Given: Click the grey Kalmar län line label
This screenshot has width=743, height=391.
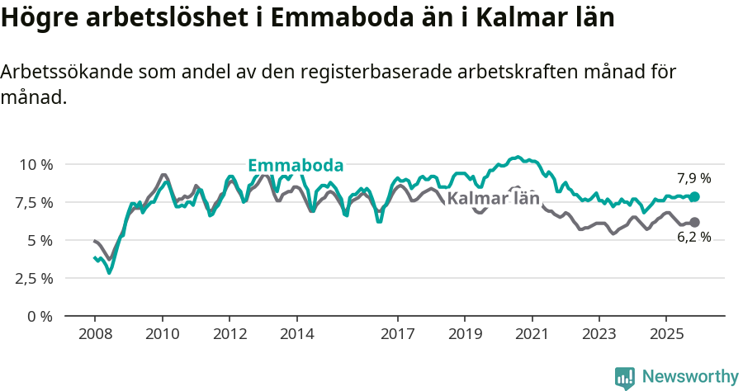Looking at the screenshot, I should tap(493, 198).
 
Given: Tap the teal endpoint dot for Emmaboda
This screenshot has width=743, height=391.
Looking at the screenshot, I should tap(694, 196).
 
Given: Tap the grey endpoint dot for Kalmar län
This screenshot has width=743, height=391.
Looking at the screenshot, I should tap(694, 222).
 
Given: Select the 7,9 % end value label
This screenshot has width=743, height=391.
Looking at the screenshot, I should tap(693, 178).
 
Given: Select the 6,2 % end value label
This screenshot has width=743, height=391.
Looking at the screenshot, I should tap(693, 238).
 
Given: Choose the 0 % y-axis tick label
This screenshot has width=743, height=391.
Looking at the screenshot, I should tap(40, 316).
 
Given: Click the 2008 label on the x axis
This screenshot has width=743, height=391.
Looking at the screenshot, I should tap(95, 335).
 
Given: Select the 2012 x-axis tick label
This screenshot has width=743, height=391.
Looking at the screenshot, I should tap(230, 335).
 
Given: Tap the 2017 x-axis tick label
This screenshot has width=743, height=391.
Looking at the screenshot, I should tap(397, 335).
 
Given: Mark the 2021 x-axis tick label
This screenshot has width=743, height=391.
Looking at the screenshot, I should tap(532, 335).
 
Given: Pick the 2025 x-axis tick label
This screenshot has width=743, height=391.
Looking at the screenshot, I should tap(666, 335).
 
